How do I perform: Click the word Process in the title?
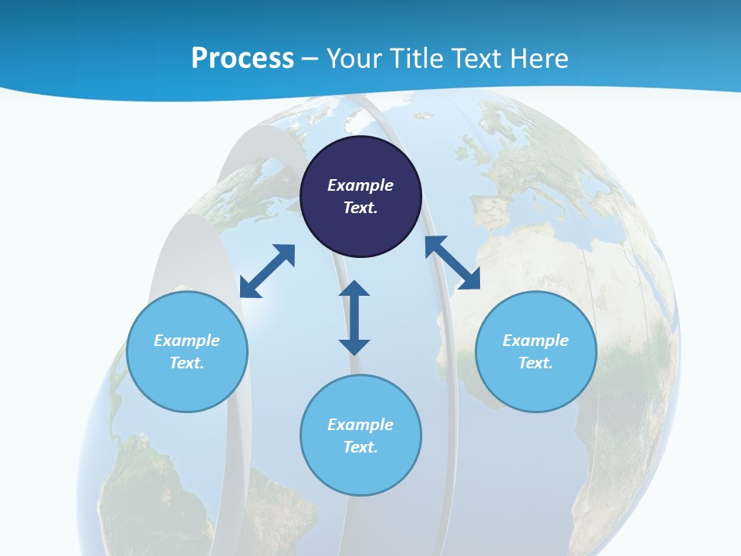[x=242, y=59]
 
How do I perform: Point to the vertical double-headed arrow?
[x=354, y=317]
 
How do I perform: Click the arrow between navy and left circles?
[x=267, y=271]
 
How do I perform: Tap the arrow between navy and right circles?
[x=452, y=263]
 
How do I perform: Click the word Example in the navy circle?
[x=360, y=185]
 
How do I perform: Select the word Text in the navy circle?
[x=360, y=208]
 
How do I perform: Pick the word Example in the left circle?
[x=187, y=341]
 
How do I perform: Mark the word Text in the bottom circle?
[x=360, y=447]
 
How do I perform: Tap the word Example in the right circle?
[x=536, y=341]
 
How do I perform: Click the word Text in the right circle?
[x=536, y=363]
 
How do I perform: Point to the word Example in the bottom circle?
[x=360, y=425]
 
